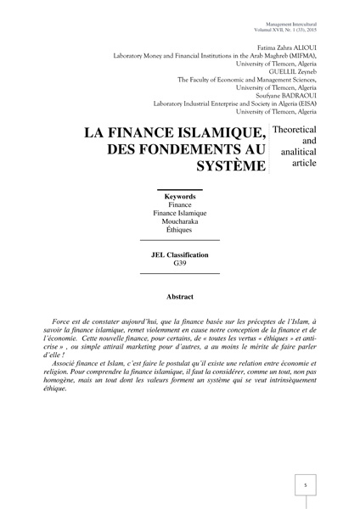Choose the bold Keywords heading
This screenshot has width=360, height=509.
[x=179, y=196]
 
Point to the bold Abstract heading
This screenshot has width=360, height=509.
[x=179, y=297]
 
